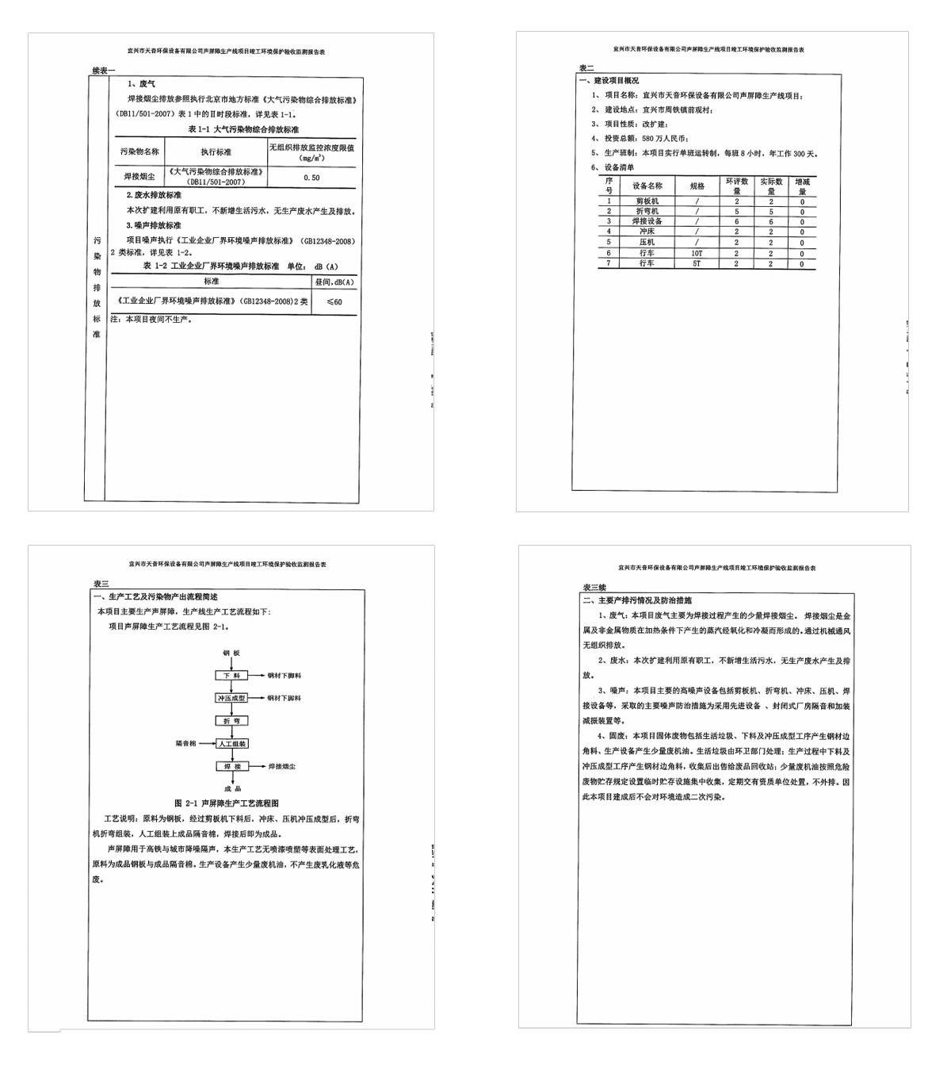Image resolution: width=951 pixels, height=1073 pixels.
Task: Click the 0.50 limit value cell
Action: tap(311, 178)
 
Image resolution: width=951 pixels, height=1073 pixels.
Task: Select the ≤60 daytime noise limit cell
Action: tap(334, 301)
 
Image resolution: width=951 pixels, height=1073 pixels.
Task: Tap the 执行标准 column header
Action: tap(216, 151)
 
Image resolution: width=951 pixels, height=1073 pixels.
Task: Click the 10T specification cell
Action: tap(697, 253)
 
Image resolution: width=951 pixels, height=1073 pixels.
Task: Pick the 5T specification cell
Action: tap(697, 263)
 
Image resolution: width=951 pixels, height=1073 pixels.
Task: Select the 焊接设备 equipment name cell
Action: tap(647, 221)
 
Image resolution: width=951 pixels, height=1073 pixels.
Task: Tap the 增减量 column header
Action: tap(802, 186)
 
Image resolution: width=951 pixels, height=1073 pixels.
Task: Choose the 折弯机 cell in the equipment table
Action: tap(647, 211)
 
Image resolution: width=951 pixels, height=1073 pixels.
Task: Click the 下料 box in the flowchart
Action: tap(231, 676)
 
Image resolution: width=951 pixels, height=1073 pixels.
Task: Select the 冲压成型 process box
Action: tap(231, 698)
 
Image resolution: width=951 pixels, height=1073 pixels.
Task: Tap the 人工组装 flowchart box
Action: tap(231, 744)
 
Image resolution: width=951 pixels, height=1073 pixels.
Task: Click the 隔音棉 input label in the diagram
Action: tap(185, 744)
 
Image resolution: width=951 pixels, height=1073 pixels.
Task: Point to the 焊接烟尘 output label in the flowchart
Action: tap(281, 767)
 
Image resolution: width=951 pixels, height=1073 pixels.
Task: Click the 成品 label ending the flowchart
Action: tap(232, 789)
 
